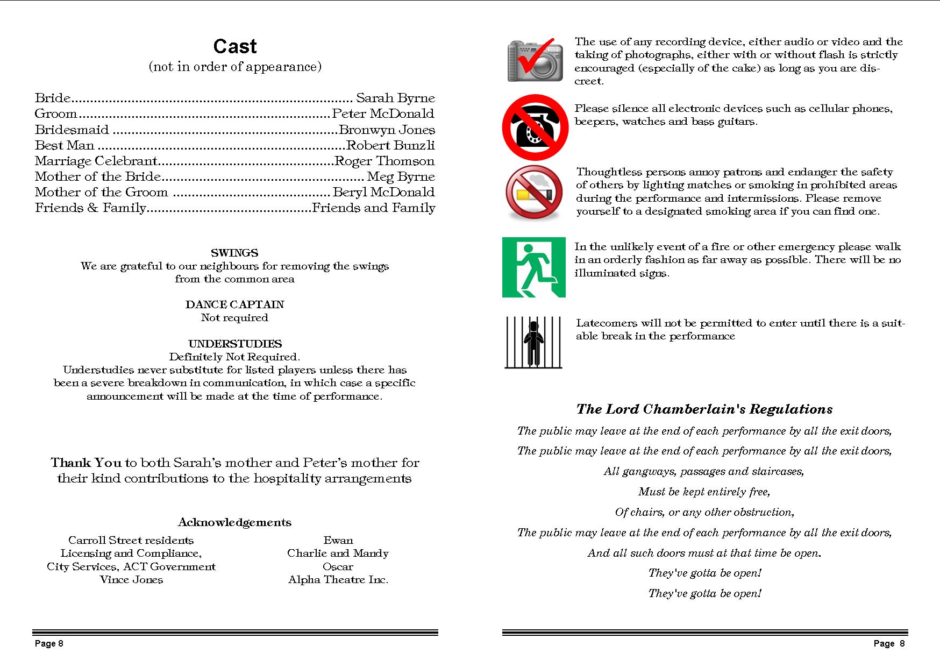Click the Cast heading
[x=235, y=46]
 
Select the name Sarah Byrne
[x=395, y=98]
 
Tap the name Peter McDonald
[x=383, y=113]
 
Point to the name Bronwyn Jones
[x=387, y=130]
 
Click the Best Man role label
[x=65, y=145]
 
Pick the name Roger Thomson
[x=384, y=161]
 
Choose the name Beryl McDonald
[x=384, y=192]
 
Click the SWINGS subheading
[x=234, y=253]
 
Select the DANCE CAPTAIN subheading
[x=234, y=304]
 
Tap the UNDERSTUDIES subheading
[x=235, y=344]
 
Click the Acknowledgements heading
[x=234, y=522]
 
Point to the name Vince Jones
[x=131, y=579]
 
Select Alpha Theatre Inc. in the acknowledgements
[x=338, y=579]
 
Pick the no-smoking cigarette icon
[x=534, y=192]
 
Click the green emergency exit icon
[x=534, y=267]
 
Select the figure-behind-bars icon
[x=534, y=342]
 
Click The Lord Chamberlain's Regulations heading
[x=704, y=409]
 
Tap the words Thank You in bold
[x=86, y=463]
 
